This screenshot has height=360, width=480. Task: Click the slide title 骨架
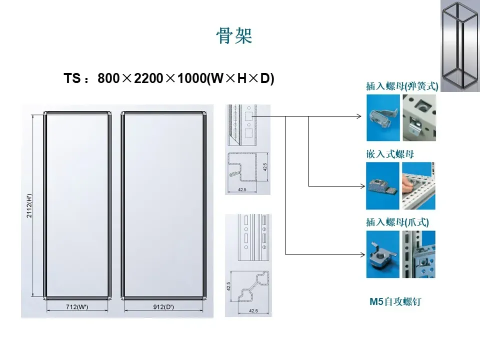pos(234,35)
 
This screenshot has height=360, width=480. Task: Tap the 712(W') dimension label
pos(77,307)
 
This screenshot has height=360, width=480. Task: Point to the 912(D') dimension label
pos(163,307)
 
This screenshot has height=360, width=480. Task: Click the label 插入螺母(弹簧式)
pos(402,86)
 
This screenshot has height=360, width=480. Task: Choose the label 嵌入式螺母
pos(390,154)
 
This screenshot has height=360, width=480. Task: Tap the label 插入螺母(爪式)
pos(397,222)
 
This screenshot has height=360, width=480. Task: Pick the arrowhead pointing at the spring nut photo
pos(358,117)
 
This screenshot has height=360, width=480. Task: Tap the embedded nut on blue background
pos(381,186)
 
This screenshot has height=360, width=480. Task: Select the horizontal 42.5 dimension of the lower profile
pos(252,311)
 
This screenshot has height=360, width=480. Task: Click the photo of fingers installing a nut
pos(418,185)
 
